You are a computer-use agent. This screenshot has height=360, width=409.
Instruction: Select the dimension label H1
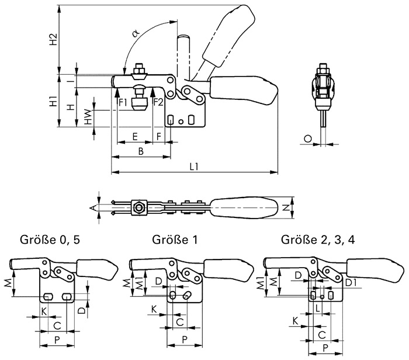click(53, 101)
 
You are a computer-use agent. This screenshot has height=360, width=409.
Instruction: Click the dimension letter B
click(140, 151)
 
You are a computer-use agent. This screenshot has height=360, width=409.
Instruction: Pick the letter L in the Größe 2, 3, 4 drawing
click(317, 307)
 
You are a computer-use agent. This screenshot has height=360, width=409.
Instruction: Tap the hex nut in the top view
click(140, 207)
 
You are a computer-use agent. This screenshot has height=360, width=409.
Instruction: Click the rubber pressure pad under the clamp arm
click(139, 105)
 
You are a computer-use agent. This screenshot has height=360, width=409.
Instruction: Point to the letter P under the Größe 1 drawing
click(185, 339)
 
